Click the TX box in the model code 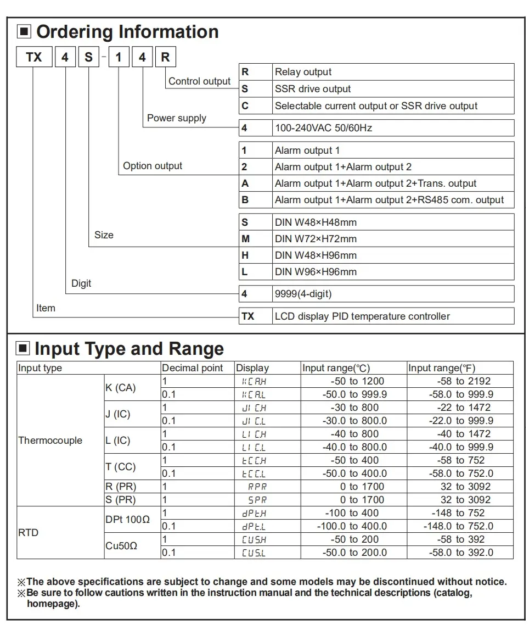[34, 57]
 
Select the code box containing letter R [165, 57]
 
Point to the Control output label [199, 81]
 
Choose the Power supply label [177, 118]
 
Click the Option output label [153, 166]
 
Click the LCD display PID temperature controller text [362, 316]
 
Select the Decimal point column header [193, 368]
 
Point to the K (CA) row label [120, 388]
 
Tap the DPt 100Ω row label [127, 520]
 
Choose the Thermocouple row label [50, 441]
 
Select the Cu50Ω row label [121, 546]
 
